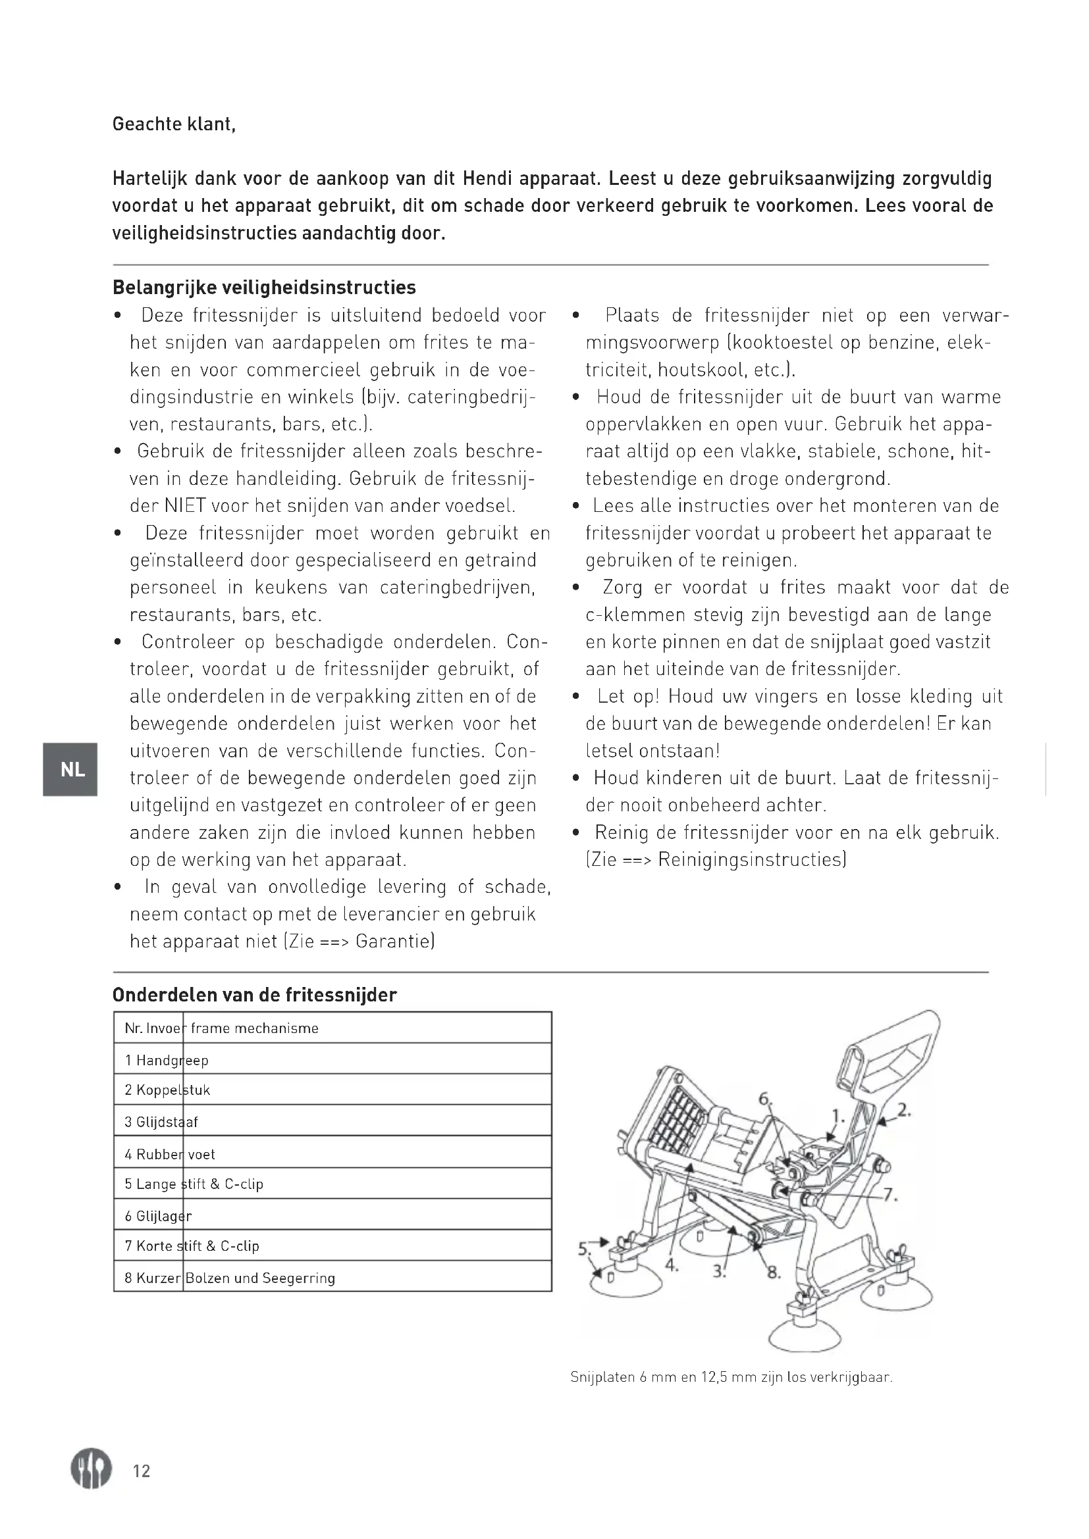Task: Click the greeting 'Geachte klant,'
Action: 174,124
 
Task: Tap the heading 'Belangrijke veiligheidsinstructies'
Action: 264,288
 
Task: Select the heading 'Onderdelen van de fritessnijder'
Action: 255,995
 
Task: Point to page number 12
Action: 142,1471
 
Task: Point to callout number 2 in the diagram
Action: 903,1109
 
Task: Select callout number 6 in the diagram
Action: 764,1099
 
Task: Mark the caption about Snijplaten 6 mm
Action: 731,1377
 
